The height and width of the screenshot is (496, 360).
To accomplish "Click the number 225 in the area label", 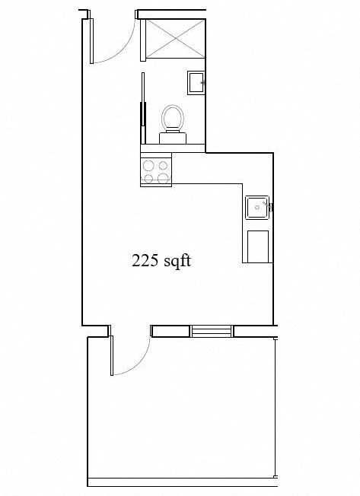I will (145, 261).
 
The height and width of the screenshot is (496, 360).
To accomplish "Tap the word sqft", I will (176, 261).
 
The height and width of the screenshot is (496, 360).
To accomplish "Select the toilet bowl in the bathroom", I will (173, 118).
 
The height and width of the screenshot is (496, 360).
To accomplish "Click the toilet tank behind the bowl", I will (173, 137).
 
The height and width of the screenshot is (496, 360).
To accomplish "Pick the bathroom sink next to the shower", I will (197, 81).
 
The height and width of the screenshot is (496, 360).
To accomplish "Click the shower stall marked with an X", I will (174, 37).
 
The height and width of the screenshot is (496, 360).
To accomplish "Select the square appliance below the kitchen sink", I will (257, 246).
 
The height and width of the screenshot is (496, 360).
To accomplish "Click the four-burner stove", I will (156, 170).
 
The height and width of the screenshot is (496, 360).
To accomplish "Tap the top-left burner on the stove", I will (148, 163).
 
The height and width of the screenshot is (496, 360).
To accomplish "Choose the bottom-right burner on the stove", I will (163, 178).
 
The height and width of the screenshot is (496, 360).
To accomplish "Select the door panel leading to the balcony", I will (112, 355).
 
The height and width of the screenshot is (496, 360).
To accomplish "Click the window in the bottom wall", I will (212, 330).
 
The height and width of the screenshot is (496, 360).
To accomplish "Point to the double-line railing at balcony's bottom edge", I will (183, 481).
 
